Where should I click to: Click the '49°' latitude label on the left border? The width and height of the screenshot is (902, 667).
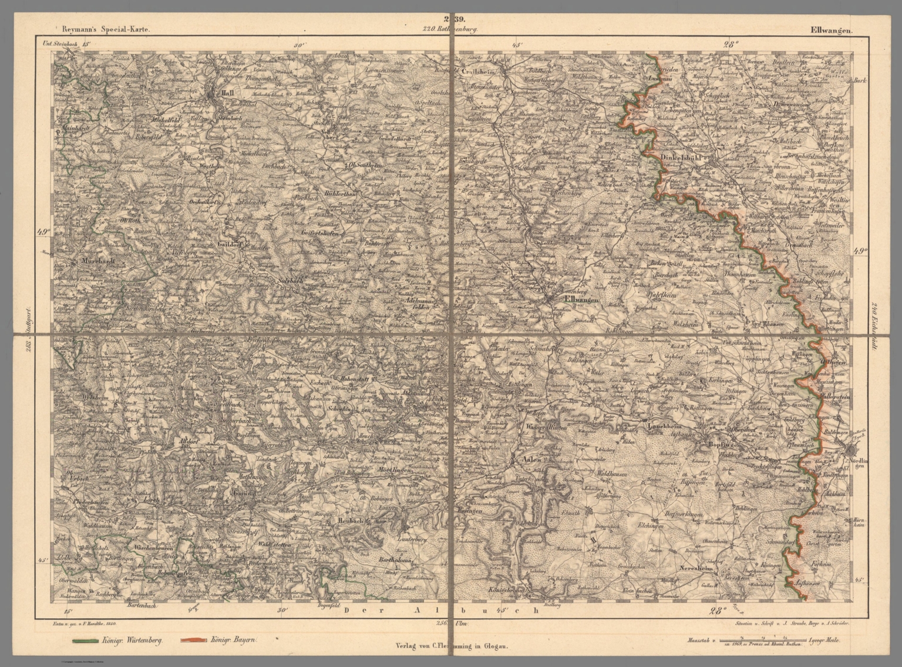click(x=45, y=232)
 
